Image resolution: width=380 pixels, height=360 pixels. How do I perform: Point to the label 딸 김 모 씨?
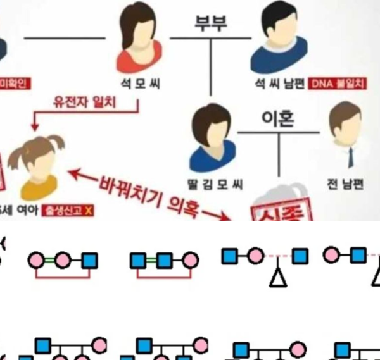[x=217, y=184]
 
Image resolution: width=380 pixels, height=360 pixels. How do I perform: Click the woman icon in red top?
[x=139, y=39]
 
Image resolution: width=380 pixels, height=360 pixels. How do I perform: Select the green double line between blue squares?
[x=151, y=259]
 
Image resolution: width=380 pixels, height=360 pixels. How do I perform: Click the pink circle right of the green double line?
[x=189, y=259]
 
